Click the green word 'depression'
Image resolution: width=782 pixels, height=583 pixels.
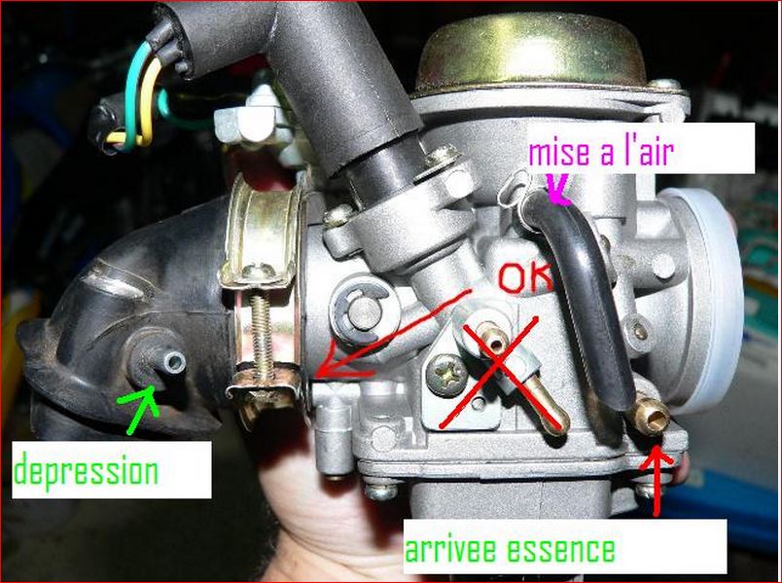coord(86,471)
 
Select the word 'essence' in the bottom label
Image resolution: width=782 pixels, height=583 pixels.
coord(560,550)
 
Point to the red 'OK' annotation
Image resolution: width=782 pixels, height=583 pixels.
coord(525,277)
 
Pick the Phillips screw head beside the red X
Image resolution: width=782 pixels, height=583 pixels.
coord(447,375)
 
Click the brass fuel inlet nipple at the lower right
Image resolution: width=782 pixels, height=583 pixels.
coord(650,414)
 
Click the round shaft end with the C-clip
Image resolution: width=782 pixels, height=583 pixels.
coord(362,311)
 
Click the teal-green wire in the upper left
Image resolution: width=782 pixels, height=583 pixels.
coord(133,94)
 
